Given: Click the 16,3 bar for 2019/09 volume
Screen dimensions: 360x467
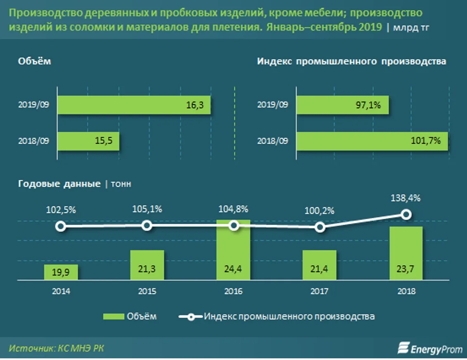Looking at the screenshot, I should (x=134, y=105).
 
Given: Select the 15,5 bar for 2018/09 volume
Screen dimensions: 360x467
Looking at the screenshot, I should (x=88, y=141).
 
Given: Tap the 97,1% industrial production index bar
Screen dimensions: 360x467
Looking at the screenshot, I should (x=344, y=105).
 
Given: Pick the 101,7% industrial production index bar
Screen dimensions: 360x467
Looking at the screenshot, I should (x=372, y=141).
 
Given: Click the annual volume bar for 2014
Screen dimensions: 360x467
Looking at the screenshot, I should (x=61, y=272).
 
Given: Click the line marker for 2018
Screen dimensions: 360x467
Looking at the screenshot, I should (x=406, y=214).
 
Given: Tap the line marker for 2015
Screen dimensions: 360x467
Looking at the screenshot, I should (x=147, y=225).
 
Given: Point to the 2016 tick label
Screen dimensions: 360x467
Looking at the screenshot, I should (x=234, y=291).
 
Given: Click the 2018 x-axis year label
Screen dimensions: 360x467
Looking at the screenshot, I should (x=407, y=291).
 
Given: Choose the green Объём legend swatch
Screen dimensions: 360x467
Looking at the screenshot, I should (x=114, y=317).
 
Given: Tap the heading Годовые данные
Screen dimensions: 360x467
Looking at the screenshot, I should (x=59, y=184).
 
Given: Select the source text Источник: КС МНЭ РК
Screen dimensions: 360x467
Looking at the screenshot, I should (x=57, y=348).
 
